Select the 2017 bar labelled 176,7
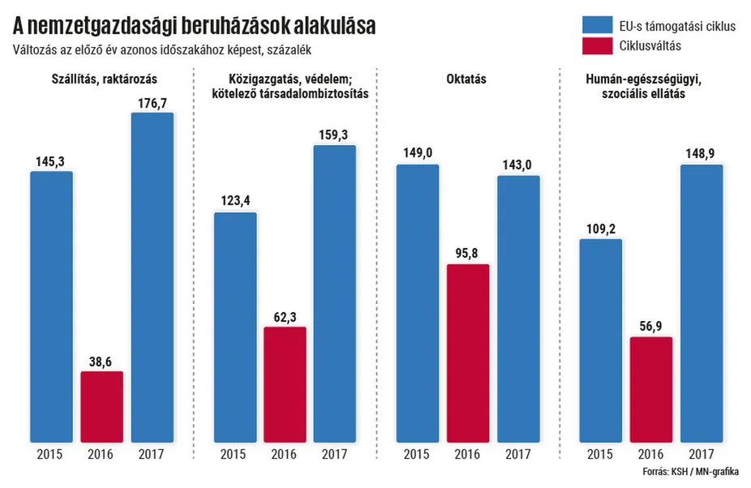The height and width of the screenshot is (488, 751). (x=152, y=276)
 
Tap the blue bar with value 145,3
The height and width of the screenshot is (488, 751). (x=52, y=306)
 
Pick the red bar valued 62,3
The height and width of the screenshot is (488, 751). (x=285, y=384)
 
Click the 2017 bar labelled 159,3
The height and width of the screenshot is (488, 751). (x=335, y=293)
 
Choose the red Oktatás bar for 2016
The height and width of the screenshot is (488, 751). (x=468, y=353)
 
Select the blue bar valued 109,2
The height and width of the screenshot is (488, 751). (x=600, y=340)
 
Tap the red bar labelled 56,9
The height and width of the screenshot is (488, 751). (x=650, y=389)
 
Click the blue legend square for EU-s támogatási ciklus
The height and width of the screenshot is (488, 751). (x=594, y=26)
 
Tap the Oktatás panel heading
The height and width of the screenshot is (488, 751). (x=466, y=79)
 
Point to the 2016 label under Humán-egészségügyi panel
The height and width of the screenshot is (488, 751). (x=650, y=454)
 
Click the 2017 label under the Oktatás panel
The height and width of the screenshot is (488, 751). (x=518, y=454)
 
